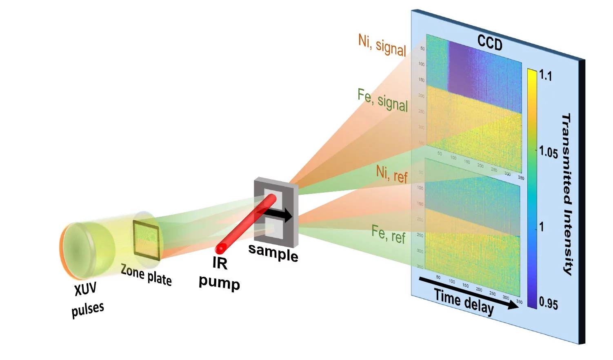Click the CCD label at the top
(x=490, y=43)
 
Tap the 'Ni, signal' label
(x=382, y=45)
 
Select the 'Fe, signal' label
(x=382, y=100)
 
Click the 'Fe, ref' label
(x=388, y=235)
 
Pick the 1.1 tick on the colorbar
(x=546, y=76)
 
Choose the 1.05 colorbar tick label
(x=548, y=153)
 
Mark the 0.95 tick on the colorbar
(x=548, y=304)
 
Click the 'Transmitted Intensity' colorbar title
(x=567, y=194)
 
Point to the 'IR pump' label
(x=219, y=273)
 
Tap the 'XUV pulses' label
(x=87, y=300)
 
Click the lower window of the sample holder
(x=273, y=228)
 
